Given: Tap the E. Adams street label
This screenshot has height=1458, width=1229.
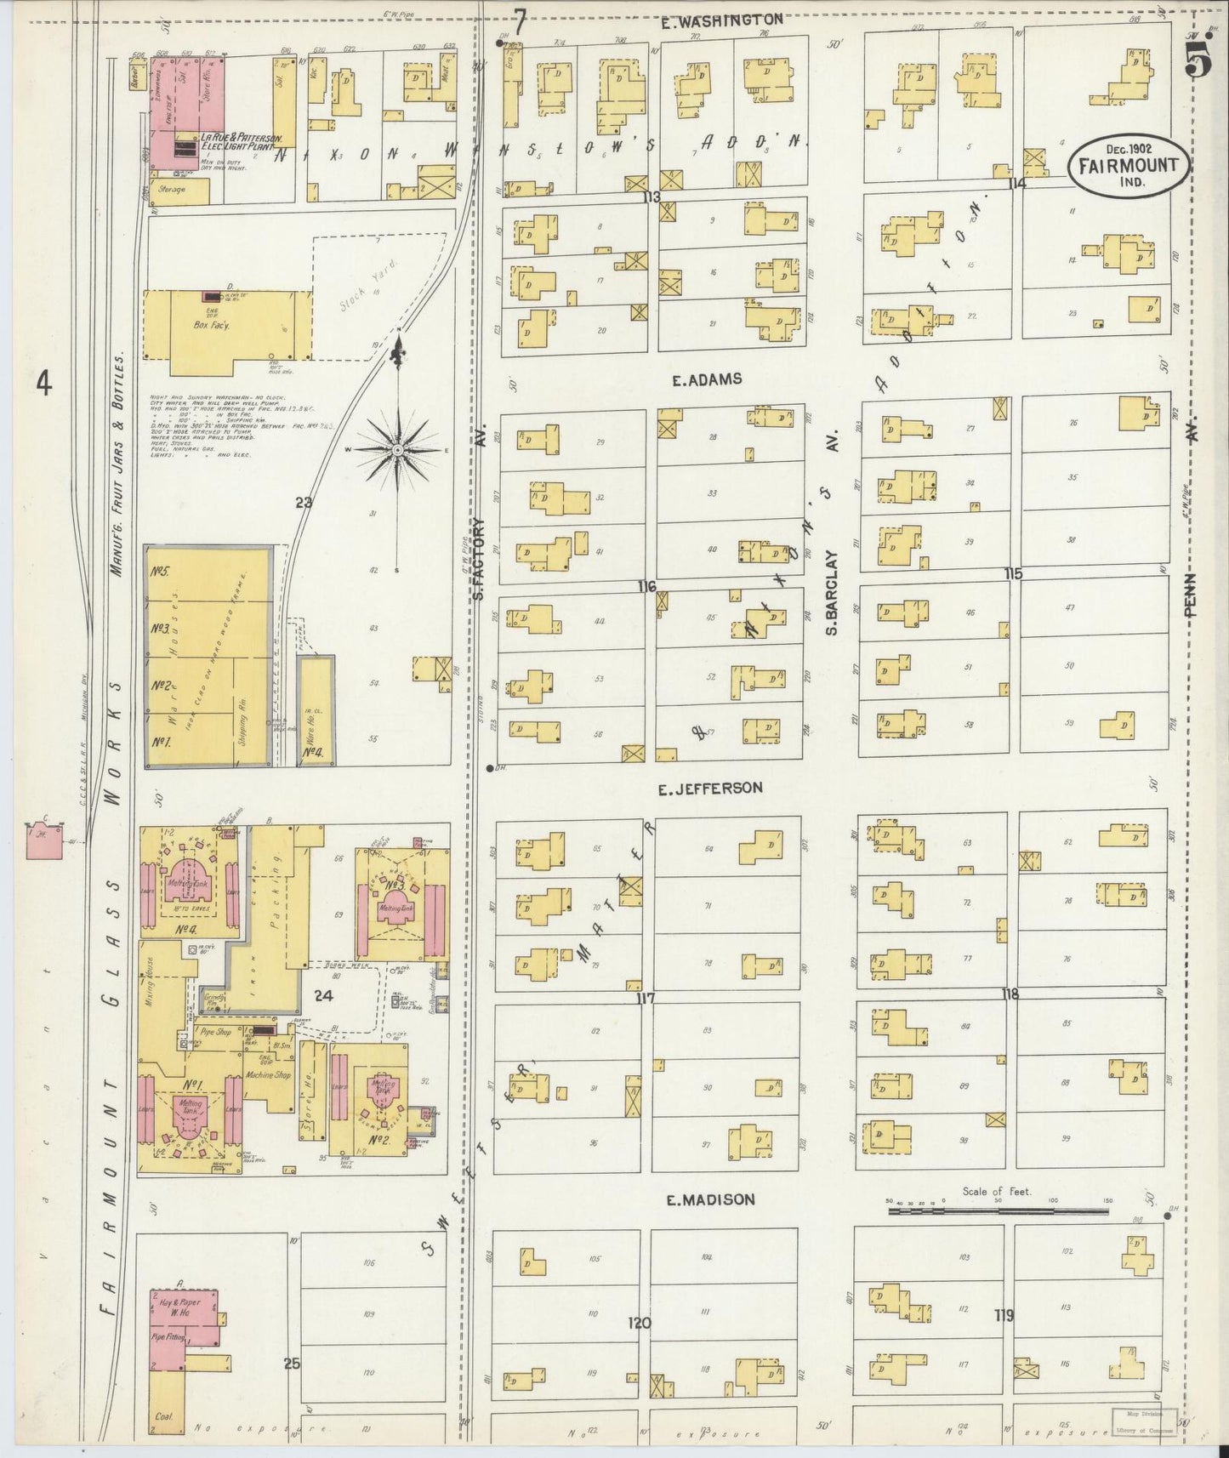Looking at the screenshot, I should pyautogui.click(x=707, y=380).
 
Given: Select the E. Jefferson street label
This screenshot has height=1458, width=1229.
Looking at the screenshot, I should pyautogui.click(x=710, y=789).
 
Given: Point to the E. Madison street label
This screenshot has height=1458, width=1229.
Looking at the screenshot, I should pyautogui.click(x=710, y=1200).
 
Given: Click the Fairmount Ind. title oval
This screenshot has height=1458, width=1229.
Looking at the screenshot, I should pyautogui.click(x=1128, y=164).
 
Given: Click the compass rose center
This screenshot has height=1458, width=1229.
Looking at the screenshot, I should pyautogui.click(x=397, y=448).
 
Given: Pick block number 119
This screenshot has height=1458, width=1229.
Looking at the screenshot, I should pyautogui.click(x=1004, y=1316).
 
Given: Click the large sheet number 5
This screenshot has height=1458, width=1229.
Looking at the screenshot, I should pyautogui.click(x=1200, y=58).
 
